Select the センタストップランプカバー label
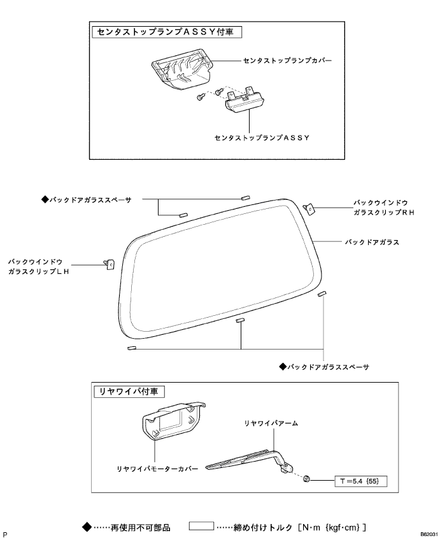[x=288, y=62]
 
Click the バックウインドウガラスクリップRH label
[x=383, y=208]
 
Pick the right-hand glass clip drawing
[x=310, y=207]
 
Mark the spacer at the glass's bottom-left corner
[x=131, y=348]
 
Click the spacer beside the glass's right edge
[x=323, y=294]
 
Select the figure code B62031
[x=428, y=531]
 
